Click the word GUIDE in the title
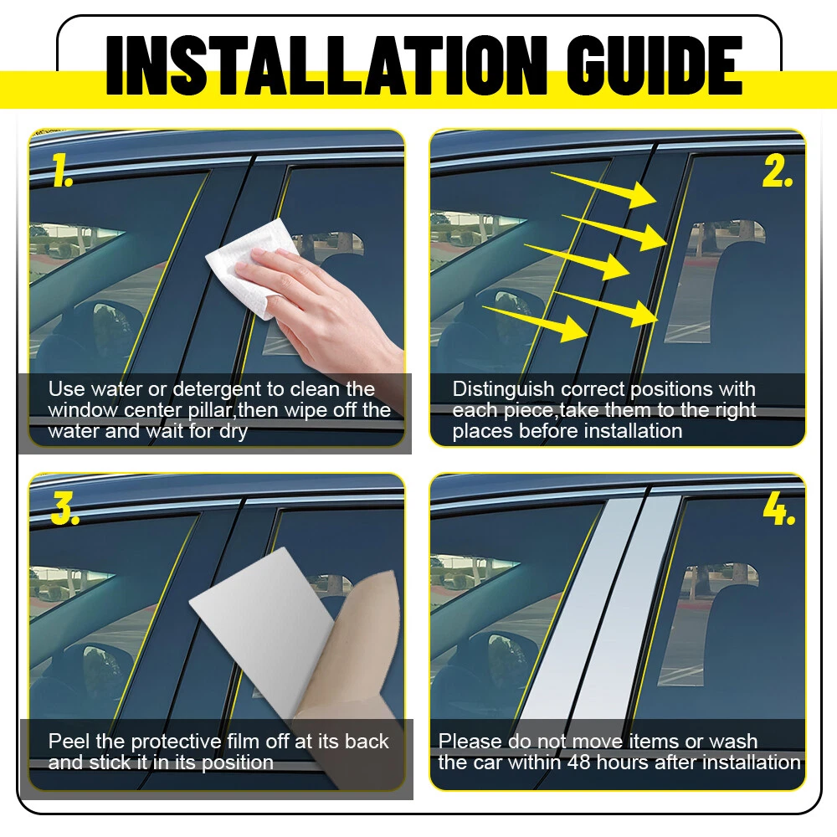(x=655, y=65)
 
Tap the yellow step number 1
(x=62, y=170)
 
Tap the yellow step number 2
(x=778, y=172)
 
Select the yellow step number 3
(x=64, y=508)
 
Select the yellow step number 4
(x=778, y=509)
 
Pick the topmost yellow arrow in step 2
(x=603, y=189)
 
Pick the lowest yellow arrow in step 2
(x=535, y=323)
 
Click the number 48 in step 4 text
(x=578, y=763)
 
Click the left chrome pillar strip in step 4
(x=579, y=608)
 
